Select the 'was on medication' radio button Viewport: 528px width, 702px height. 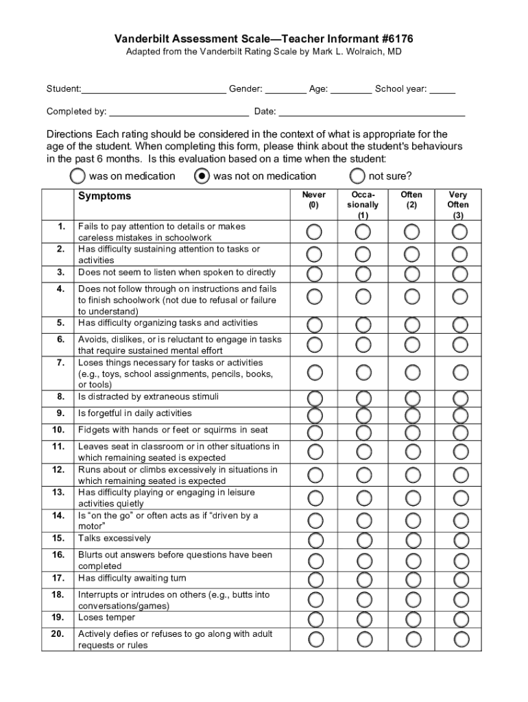(x=78, y=177)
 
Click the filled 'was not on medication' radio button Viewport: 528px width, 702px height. (x=202, y=177)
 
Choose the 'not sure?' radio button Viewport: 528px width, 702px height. (x=357, y=177)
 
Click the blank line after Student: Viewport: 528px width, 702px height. (x=154, y=89)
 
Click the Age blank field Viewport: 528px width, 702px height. (x=351, y=89)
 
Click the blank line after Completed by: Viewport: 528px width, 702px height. (x=179, y=112)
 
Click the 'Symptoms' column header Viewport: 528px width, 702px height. (x=104, y=196)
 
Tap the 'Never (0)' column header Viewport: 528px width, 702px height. (x=314, y=199)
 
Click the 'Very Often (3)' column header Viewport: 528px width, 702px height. (x=458, y=204)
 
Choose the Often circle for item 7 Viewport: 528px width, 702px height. (x=412, y=372)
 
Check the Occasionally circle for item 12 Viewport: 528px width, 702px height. (x=363, y=475)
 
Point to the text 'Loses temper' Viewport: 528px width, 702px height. (x=106, y=618)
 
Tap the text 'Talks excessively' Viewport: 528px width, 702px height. (x=114, y=538)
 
